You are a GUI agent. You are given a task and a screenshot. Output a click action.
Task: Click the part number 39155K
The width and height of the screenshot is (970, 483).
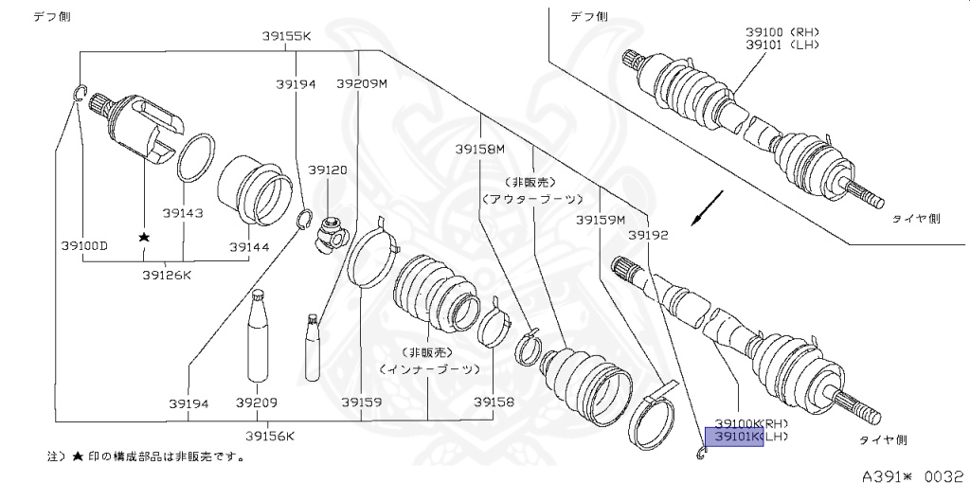(x=286, y=37)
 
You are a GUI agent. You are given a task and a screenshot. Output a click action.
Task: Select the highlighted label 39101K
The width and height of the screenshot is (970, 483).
(x=733, y=437)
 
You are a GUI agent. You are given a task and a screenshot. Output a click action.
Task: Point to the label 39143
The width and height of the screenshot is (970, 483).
(x=182, y=213)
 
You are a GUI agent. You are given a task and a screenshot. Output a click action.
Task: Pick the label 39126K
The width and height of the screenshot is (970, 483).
(x=168, y=276)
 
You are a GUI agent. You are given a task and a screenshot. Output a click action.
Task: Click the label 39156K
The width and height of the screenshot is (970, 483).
(x=270, y=436)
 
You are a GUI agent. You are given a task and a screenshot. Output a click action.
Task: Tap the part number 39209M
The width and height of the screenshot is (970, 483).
(x=362, y=84)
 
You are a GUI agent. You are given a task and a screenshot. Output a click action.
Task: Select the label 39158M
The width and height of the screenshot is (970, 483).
(x=479, y=149)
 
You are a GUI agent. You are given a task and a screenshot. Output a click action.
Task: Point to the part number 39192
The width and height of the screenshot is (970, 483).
(x=649, y=233)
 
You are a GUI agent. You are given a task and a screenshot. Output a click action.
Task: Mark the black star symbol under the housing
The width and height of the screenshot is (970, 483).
(x=144, y=238)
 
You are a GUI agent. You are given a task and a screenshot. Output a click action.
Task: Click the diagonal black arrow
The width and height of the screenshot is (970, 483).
(x=709, y=208)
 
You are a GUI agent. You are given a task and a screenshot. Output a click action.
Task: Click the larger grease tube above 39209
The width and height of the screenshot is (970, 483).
(x=259, y=341)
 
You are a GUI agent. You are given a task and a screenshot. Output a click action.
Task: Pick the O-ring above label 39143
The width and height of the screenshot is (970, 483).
(x=195, y=157)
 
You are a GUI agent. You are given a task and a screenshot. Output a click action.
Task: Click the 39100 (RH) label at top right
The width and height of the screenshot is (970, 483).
(x=781, y=31)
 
